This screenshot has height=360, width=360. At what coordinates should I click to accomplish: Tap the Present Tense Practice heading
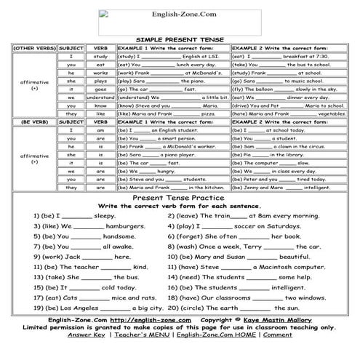179,200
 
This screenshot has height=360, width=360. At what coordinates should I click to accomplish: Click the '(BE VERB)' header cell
28,121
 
